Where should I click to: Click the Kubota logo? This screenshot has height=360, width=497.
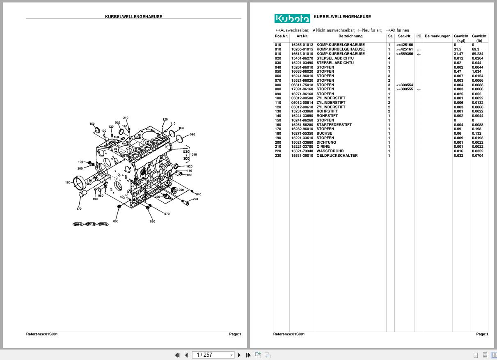click(292, 18)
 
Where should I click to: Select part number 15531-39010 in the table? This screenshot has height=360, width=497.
click(302, 156)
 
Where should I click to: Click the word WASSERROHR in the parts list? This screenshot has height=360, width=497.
click(330, 151)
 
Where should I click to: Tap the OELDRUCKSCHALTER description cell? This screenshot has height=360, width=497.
click(337, 156)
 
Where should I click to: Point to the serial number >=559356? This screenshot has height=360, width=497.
click(404, 54)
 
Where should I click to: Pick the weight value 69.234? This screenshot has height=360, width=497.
click(478, 54)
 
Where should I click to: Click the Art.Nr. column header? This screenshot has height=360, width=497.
click(302, 36)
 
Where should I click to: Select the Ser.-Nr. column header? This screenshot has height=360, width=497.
click(404, 36)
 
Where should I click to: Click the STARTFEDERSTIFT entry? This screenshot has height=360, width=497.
click(334, 125)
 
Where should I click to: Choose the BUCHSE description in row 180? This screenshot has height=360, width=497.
click(324, 133)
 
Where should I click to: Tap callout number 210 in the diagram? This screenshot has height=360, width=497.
click(126, 118)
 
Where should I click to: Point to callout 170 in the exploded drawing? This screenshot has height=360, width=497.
click(79, 209)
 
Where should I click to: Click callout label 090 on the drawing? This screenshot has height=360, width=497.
click(192, 135)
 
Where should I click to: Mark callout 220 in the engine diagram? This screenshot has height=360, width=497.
click(195, 199)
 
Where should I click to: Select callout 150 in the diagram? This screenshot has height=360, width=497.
click(92, 124)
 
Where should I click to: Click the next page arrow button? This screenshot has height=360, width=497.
click(239, 355)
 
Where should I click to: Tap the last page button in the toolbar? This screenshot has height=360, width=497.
click(248, 355)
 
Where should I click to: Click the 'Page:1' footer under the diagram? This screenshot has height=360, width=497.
click(235, 334)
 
